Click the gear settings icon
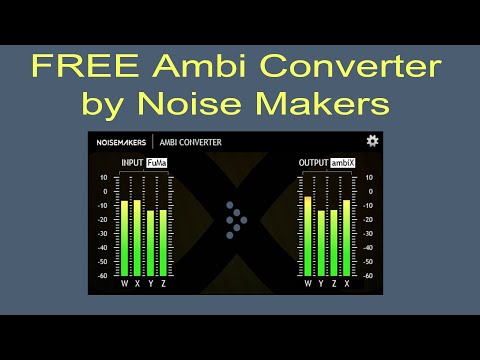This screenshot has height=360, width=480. (372, 142)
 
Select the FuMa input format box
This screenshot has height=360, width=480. (157, 162)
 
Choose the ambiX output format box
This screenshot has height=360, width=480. (343, 162)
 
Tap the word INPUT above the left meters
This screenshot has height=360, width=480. (132, 162)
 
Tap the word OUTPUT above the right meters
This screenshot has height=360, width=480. (313, 162)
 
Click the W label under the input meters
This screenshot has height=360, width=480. (125, 284)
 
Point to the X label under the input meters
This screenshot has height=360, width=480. (137, 284)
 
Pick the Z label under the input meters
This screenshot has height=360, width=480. (163, 284)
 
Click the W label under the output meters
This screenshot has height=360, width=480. (308, 284)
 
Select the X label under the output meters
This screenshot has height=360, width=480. (347, 284)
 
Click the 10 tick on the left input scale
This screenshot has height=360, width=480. (104, 178)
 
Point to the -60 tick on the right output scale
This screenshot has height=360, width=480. (369, 275)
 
